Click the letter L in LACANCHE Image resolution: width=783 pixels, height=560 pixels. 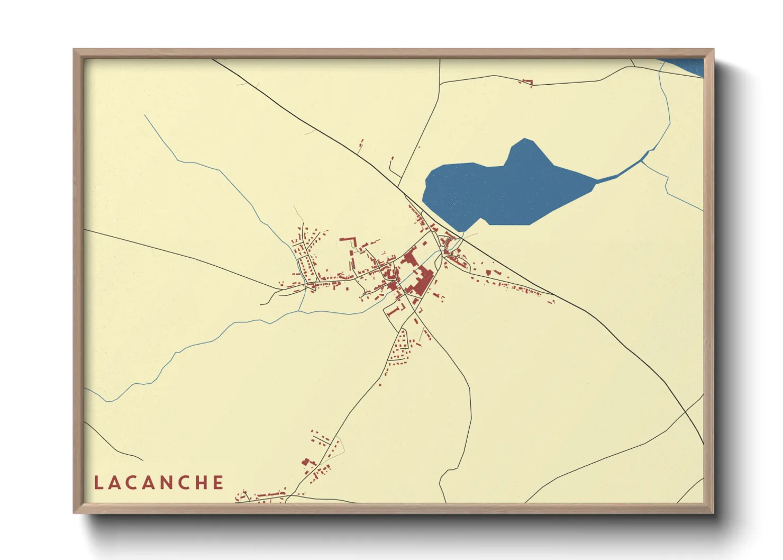tap(98, 483)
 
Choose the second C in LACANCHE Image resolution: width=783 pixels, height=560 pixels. tap(186, 483)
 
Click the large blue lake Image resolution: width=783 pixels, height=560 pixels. tap(503, 191)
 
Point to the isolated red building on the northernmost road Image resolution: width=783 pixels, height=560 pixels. tap(526, 82)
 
